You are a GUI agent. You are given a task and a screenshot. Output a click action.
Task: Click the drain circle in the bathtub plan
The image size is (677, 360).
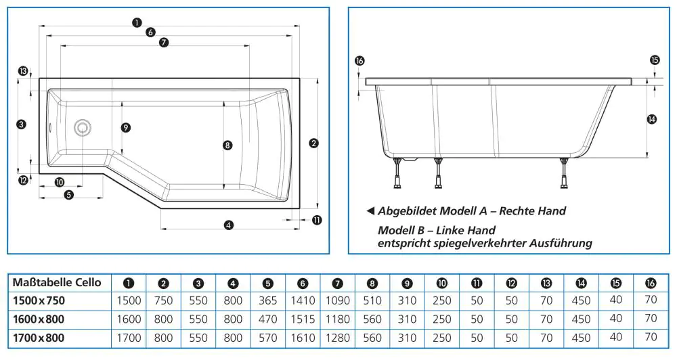[x=83, y=127]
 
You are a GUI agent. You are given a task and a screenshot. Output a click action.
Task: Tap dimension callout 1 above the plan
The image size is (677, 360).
[x=137, y=22]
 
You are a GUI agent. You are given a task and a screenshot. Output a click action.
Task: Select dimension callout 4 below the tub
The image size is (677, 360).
[x=229, y=225]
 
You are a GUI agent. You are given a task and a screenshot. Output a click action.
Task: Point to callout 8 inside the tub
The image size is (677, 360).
[x=227, y=145]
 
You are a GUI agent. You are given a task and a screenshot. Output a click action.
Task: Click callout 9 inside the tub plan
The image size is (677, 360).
[x=125, y=127]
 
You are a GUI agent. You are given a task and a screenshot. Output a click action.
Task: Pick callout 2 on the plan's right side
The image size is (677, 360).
[x=313, y=143]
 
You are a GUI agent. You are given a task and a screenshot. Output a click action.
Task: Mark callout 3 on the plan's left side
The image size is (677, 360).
[x=22, y=125]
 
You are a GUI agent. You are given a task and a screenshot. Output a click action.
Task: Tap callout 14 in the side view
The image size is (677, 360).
[x=652, y=119]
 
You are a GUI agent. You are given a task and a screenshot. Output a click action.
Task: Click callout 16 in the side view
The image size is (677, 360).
[x=359, y=62]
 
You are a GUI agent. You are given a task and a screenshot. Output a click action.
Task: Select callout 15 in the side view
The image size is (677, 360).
[x=654, y=60]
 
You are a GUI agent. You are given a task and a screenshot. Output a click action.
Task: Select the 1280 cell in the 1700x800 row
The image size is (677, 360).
[x=338, y=337]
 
